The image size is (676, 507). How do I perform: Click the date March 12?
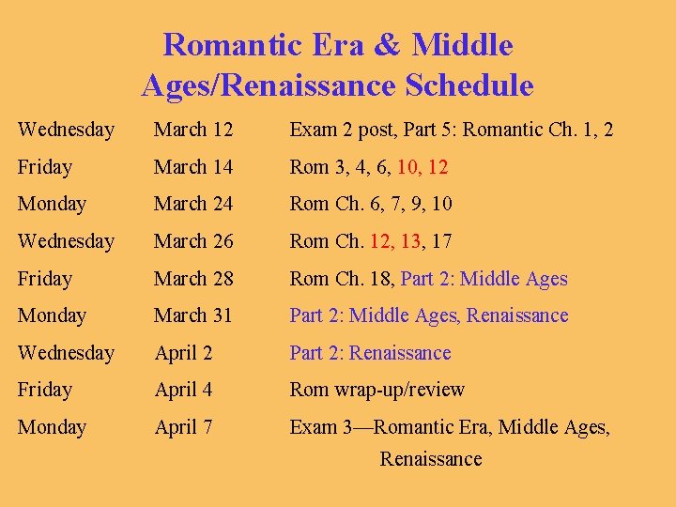tap(193, 130)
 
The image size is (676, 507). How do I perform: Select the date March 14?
tap(193, 167)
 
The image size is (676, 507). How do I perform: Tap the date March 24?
tap(193, 204)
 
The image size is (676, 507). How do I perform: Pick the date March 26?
tap(193, 241)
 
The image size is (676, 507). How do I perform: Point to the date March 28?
tap(193, 279)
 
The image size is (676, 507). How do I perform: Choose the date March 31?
tap(193, 315)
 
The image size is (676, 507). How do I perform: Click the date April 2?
tap(185, 353)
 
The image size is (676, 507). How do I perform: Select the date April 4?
tap(185, 390)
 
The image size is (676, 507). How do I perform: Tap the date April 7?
tap(185, 427)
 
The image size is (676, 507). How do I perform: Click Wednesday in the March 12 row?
tap(66, 130)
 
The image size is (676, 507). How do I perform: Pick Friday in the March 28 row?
tap(44, 279)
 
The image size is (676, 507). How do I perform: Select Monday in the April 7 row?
tap(52, 427)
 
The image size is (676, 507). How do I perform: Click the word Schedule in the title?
tap(469, 86)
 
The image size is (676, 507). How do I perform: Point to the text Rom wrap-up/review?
tap(376, 390)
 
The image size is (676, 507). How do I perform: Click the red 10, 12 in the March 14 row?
tap(422, 167)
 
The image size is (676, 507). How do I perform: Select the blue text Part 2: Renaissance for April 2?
tap(370, 353)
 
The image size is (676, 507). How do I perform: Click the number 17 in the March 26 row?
tap(441, 241)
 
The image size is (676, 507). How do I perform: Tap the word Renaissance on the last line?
tap(430, 459)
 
